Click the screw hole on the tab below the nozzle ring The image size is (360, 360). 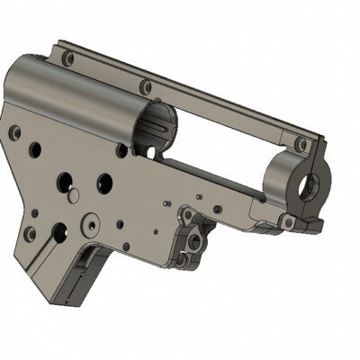tap(286, 220)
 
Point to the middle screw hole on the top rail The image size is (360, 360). tap(147, 87)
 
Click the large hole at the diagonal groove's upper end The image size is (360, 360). tap(59, 232)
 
